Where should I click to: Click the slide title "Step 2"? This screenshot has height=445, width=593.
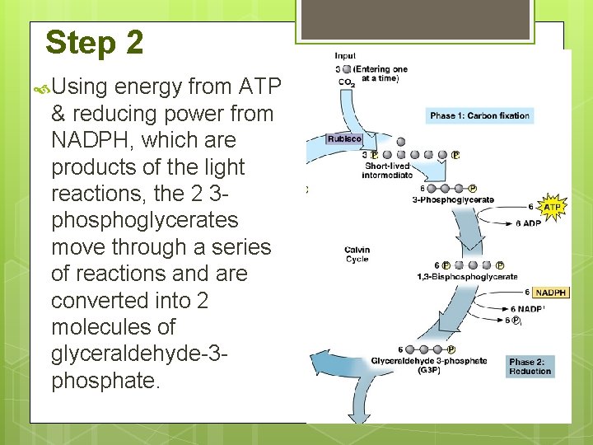(94, 42)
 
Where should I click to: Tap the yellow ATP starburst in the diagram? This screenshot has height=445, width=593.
(551, 207)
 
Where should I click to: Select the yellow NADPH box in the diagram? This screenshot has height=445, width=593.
(550, 293)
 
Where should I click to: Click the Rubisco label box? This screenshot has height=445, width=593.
(343, 138)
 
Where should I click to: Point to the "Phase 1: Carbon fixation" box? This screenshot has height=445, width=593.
(479, 115)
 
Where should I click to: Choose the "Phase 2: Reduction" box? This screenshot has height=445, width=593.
(530, 366)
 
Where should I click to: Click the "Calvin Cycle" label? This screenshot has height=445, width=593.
(357, 255)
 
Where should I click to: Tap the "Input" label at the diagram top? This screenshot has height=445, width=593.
(345, 56)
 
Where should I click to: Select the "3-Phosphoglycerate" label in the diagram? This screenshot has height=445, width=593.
(453, 199)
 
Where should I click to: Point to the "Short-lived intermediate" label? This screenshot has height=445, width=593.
(388, 171)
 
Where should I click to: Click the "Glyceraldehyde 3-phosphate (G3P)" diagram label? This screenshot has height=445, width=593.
(428, 365)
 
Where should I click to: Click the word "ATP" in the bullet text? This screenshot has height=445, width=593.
(259, 87)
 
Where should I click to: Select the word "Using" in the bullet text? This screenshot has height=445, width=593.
(80, 87)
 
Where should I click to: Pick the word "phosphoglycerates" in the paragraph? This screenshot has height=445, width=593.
(144, 220)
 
